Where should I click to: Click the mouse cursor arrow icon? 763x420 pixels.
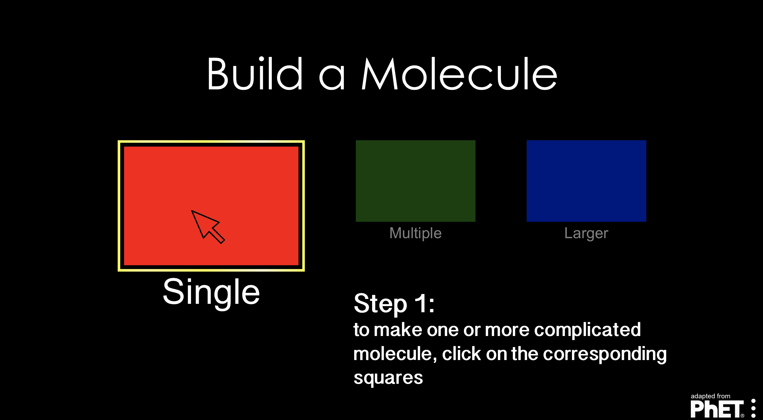(x=207, y=226)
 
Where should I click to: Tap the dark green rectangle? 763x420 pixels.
(x=415, y=181)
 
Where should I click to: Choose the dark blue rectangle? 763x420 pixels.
(x=586, y=181)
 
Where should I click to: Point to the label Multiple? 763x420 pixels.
(x=415, y=233)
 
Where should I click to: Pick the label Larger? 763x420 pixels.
(x=586, y=233)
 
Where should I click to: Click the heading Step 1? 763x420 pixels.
(x=394, y=303)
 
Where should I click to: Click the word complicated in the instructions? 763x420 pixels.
(x=587, y=330)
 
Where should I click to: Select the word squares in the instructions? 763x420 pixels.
(x=388, y=378)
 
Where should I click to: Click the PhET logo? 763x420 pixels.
(x=717, y=409)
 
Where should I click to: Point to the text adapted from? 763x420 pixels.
(x=710, y=396)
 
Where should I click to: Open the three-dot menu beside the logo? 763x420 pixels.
(x=753, y=408)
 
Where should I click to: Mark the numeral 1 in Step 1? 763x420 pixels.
(x=420, y=303)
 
